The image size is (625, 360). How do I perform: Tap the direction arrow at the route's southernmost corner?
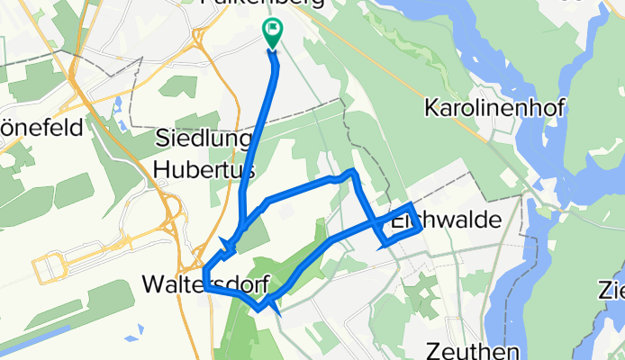[273, 311]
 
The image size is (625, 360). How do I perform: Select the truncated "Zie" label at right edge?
[610, 290]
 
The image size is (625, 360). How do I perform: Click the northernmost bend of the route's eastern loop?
[354, 170]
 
